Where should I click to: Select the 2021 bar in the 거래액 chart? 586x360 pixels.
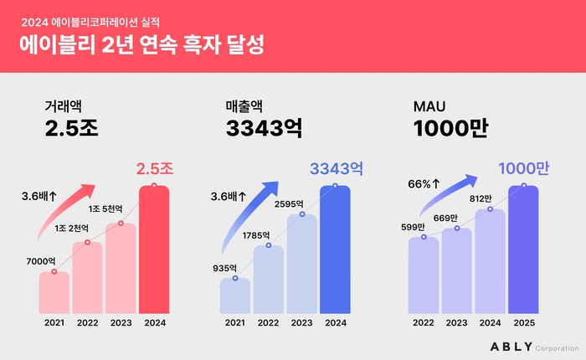coord(54,291)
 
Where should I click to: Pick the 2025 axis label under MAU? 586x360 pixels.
coord(523,321)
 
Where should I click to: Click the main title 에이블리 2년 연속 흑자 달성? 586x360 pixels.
coord(141,44)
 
